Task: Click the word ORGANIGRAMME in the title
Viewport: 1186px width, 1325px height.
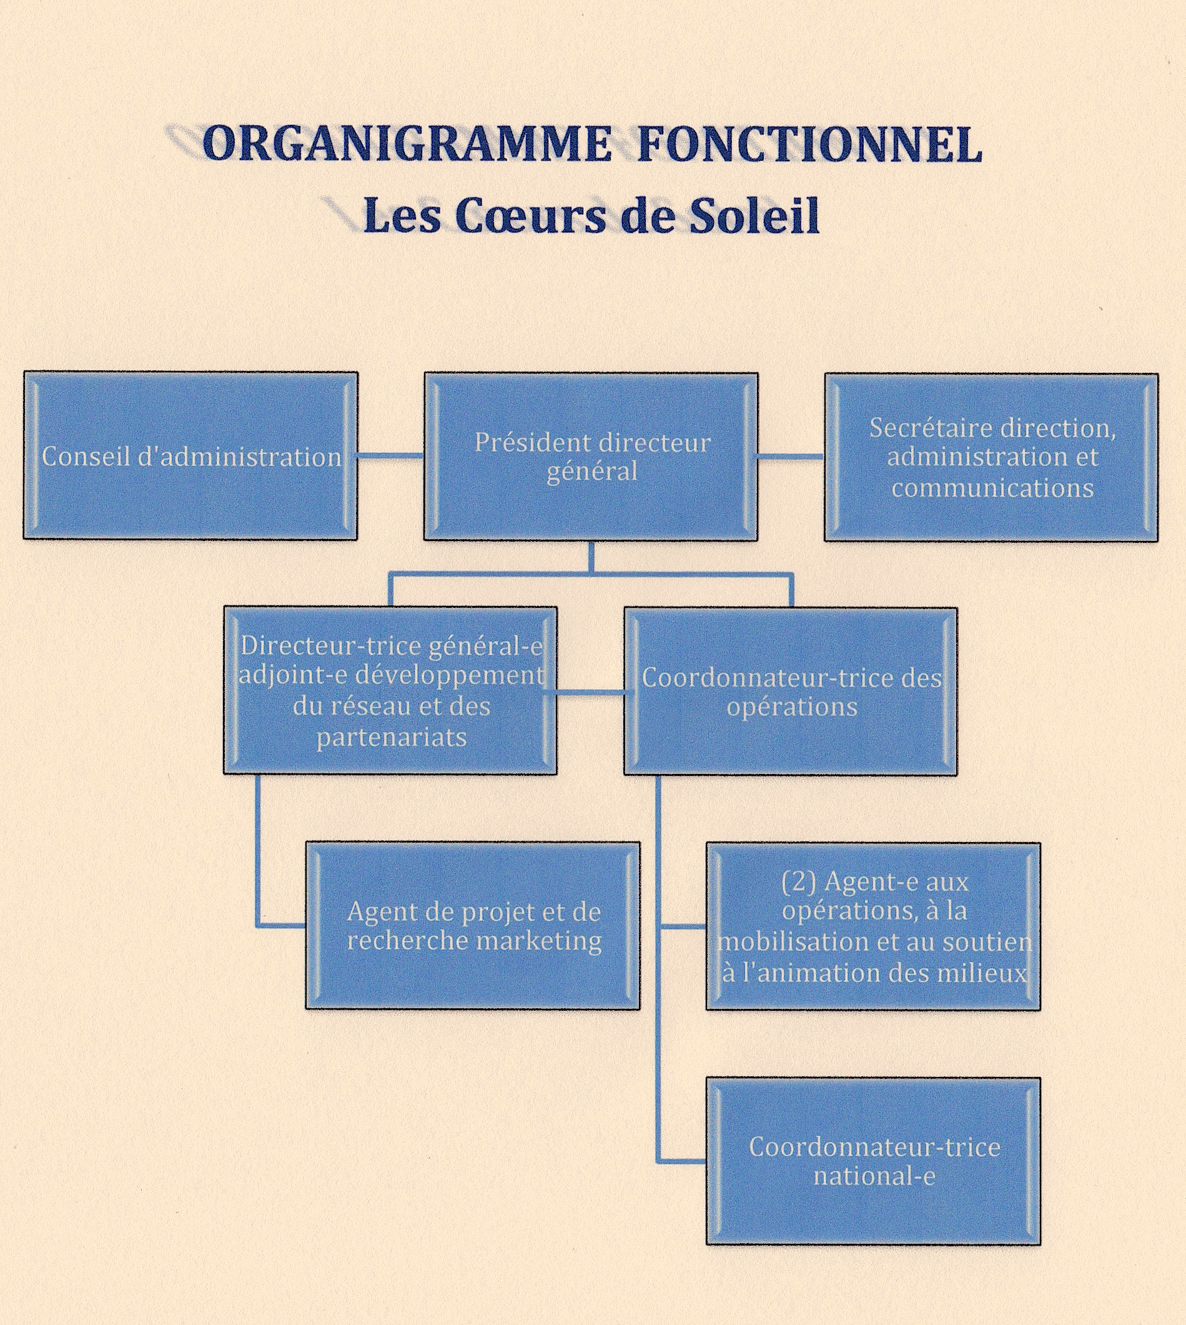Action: point(405,144)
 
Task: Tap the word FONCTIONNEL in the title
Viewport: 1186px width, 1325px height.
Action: point(809,144)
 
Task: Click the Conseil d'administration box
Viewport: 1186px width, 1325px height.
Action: point(191,456)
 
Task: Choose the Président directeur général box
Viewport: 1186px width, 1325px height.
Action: point(591,456)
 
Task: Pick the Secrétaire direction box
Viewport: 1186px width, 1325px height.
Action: point(991,456)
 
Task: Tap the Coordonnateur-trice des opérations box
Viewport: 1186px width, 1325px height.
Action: point(791,692)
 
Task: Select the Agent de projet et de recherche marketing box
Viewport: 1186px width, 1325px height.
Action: point(473,925)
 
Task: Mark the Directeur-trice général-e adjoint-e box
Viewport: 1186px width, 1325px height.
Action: point(390,692)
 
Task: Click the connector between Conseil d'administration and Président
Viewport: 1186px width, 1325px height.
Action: point(390,456)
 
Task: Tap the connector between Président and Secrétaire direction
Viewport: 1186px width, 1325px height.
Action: point(791,456)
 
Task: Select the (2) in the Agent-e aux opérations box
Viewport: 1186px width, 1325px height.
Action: point(799,883)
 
